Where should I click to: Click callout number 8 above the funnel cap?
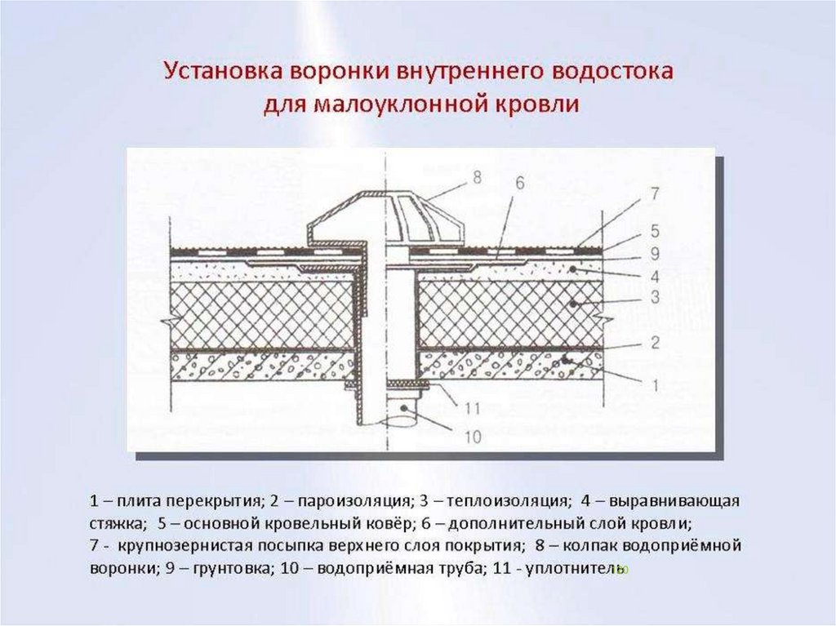[476, 175]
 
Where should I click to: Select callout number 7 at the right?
[654, 194]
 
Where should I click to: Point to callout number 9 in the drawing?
[654, 251]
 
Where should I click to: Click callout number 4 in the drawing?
[654, 273]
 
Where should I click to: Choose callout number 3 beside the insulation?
[654, 299]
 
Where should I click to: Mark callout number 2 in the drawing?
[654, 343]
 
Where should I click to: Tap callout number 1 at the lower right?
[654, 382]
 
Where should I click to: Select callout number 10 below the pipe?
[472, 437]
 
